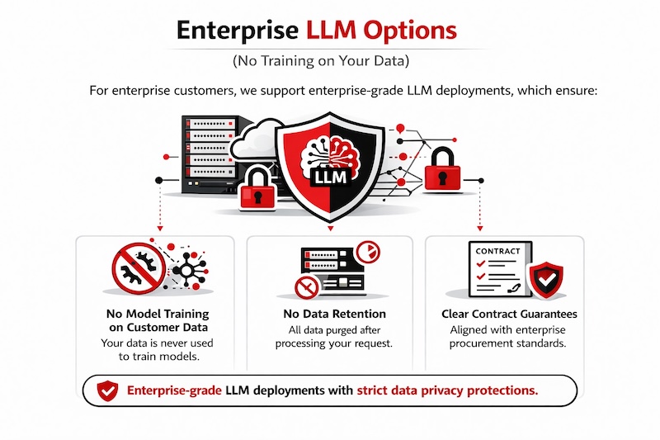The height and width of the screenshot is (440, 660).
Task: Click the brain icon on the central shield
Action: pyautogui.click(x=331, y=149)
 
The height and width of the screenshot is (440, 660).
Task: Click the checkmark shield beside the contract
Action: pyautogui.click(x=546, y=282)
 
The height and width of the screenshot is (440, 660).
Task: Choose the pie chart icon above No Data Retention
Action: pyautogui.click(x=367, y=249)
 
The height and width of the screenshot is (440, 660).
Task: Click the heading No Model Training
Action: pyautogui.click(x=158, y=314)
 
